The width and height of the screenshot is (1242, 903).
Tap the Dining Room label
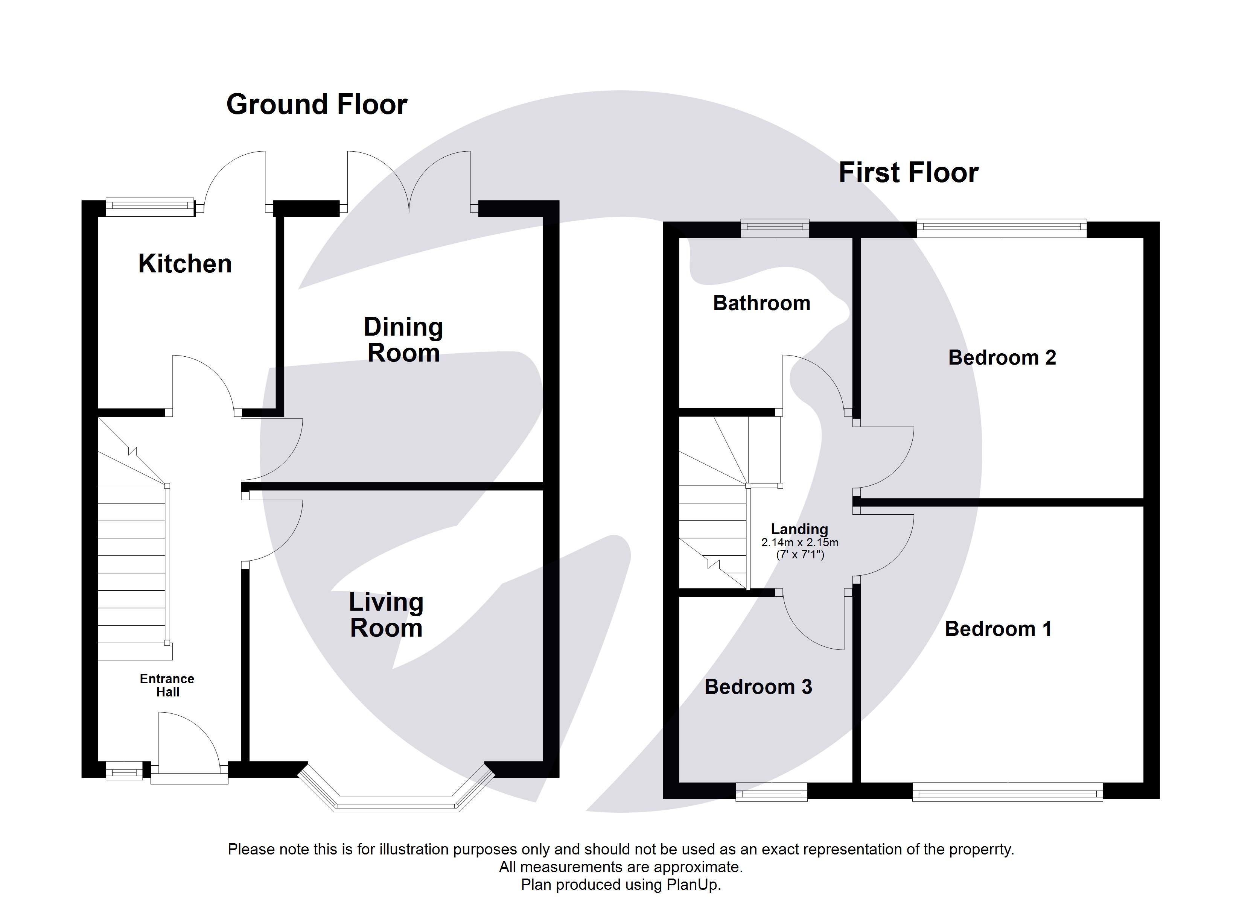(403, 340)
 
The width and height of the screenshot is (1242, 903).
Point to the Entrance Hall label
(167, 685)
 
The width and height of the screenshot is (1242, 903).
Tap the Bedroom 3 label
(758, 687)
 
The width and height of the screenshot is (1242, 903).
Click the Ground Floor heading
(317, 104)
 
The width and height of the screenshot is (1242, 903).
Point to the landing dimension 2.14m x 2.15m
(799, 543)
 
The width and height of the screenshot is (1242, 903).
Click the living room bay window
(396, 804)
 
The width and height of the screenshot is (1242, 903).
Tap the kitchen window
(150, 207)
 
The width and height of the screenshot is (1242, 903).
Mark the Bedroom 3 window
(771, 792)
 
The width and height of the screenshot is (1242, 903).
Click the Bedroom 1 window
(1007, 792)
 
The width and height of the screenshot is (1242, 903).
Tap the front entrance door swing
(186, 739)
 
